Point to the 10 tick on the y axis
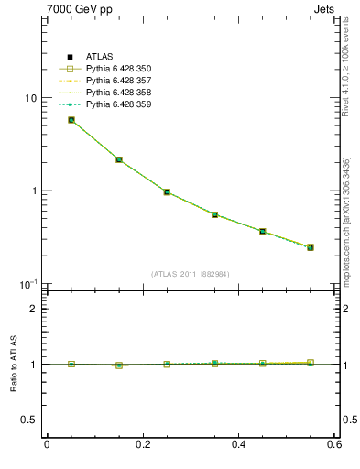pos(30,98)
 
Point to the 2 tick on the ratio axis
pos(35,309)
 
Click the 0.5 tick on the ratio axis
pos(30,420)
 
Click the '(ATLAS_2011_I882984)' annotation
pos(191,274)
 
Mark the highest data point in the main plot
pos(71,120)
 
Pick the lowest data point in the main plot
pos(311,247)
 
